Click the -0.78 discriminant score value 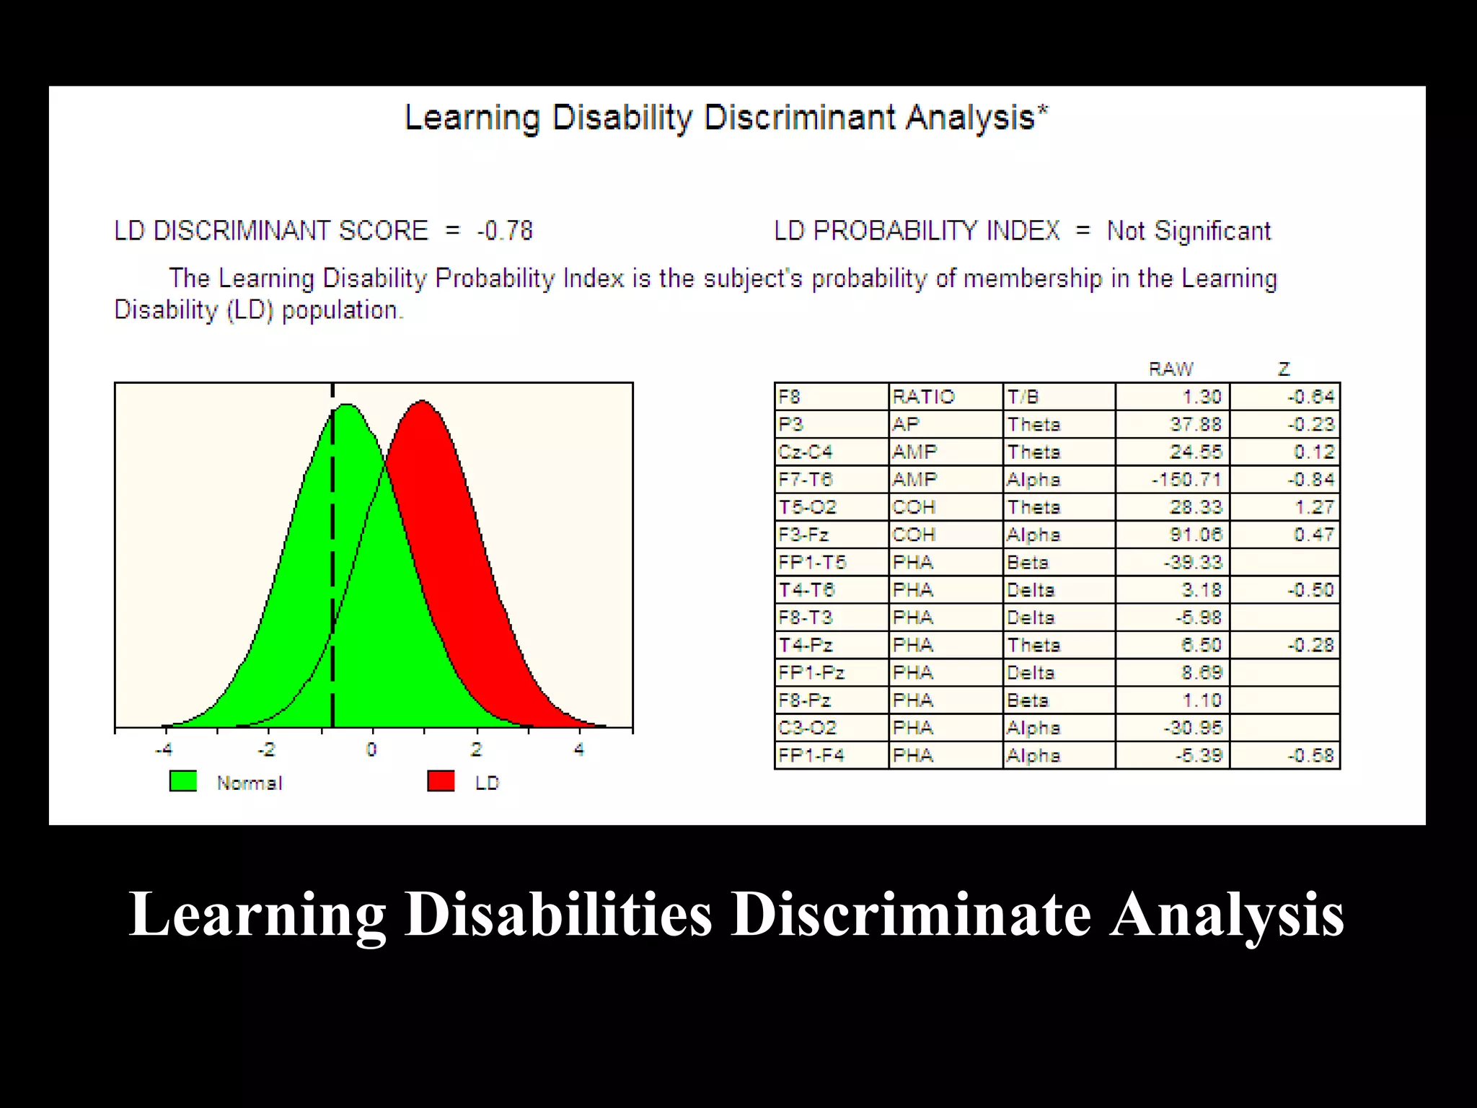click(x=504, y=232)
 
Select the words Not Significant click(x=1189, y=232)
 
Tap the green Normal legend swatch click(x=182, y=781)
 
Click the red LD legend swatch click(x=441, y=781)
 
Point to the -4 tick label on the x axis click(x=164, y=749)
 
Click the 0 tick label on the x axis click(x=371, y=749)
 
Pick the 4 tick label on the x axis click(x=579, y=749)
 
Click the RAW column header click(x=1170, y=369)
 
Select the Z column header click(x=1284, y=369)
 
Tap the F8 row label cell click(x=790, y=397)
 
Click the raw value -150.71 click(x=1186, y=480)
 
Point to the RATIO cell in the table click(x=923, y=397)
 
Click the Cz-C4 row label click(x=806, y=452)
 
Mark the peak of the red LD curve click(x=422, y=401)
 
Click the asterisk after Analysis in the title click(x=1043, y=110)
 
